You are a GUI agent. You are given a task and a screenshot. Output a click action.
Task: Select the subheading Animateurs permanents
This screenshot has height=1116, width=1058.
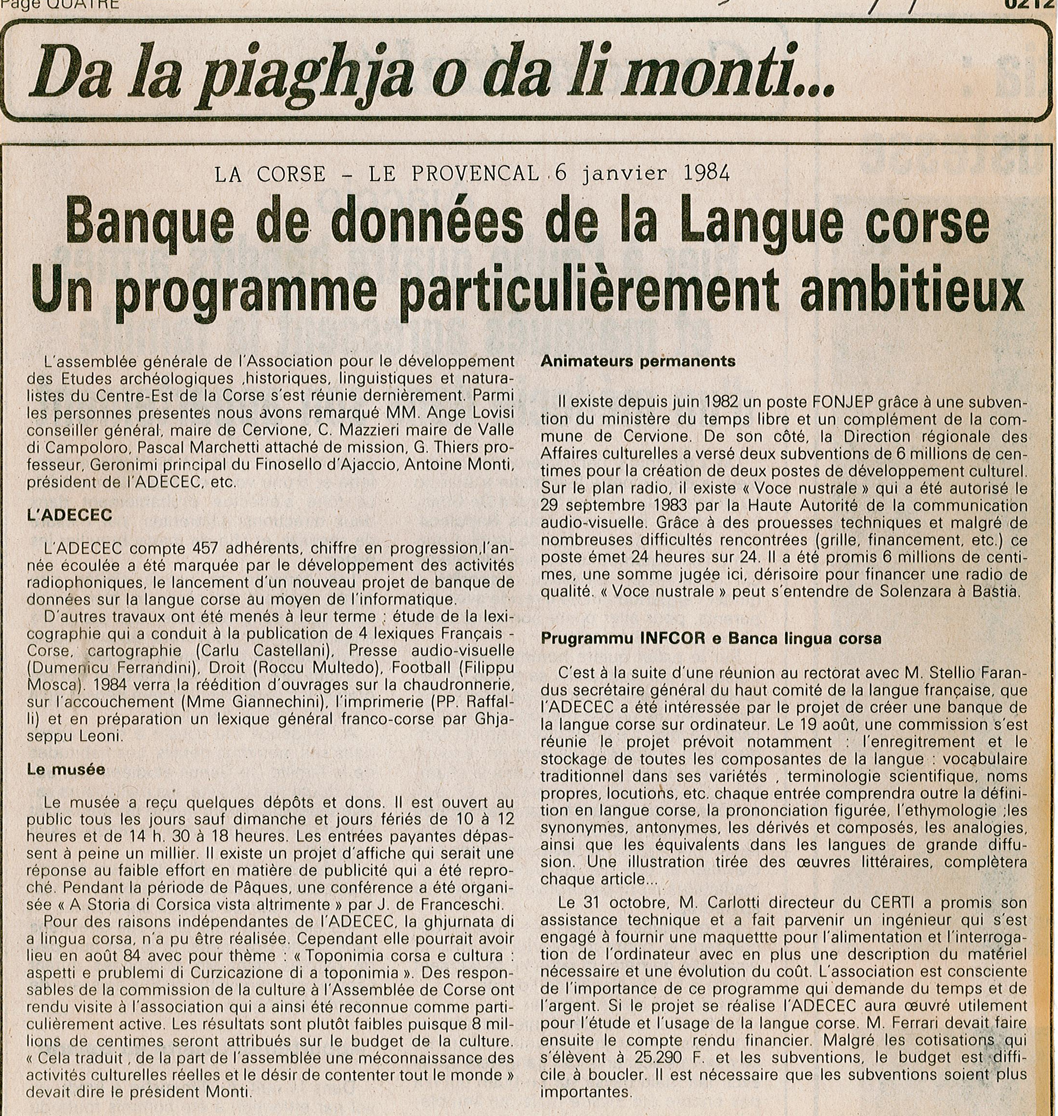(638, 361)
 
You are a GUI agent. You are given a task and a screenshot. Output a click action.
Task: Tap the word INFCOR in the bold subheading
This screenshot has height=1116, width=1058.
(670, 639)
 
